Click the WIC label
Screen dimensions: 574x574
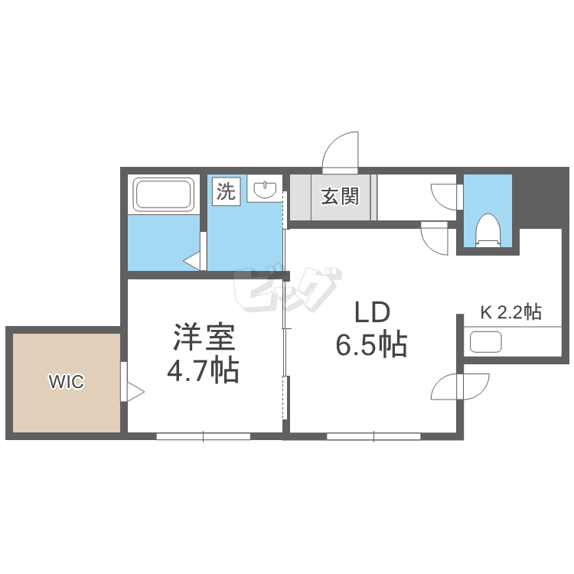click(x=67, y=382)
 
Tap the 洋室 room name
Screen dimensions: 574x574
click(x=203, y=338)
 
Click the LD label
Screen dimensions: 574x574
click(x=371, y=312)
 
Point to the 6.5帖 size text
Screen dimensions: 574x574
click(x=371, y=346)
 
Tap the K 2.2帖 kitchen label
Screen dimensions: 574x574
click(x=510, y=312)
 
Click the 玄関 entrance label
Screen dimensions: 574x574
click(x=339, y=197)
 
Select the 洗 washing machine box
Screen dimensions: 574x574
click(x=227, y=191)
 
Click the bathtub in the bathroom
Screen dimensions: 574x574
click(x=163, y=194)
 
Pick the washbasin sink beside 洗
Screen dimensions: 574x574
click(x=265, y=190)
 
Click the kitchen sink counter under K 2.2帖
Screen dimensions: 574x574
click(x=486, y=341)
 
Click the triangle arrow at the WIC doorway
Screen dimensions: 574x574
click(x=135, y=393)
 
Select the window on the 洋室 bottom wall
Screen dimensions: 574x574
click(x=204, y=436)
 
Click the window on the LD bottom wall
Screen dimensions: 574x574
click(x=373, y=436)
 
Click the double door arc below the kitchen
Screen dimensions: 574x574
click(x=460, y=386)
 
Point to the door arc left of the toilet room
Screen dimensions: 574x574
click(x=443, y=195)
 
